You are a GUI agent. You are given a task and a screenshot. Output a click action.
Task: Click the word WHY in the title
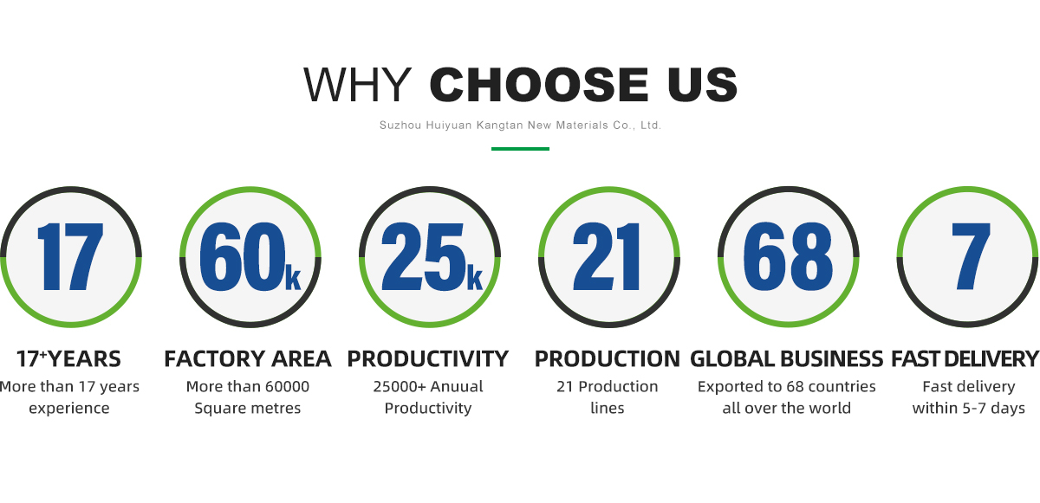click(x=357, y=84)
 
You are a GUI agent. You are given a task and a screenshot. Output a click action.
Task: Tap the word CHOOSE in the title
click(x=538, y=84)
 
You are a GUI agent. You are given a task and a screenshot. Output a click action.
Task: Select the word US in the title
click(x=703, y=84)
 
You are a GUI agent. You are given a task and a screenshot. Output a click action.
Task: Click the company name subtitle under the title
click(x=520, y=126)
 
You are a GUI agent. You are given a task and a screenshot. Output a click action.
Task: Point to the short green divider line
click(x=520, y=149)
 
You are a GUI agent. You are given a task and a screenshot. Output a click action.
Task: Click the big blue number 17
click(x=70, y=256)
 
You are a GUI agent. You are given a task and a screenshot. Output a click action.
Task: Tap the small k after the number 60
click(x=293, y=277)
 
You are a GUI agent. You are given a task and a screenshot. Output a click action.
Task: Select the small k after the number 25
click(x=475, y=277)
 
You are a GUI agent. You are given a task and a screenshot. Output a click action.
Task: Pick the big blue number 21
click(x=607, y=256)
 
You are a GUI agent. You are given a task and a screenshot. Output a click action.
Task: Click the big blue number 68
click(x=788, y=256)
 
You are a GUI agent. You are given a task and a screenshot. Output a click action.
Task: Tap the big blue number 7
click(x=971, y=256)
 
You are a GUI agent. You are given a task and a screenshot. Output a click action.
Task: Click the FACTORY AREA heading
click(x=248, y=358)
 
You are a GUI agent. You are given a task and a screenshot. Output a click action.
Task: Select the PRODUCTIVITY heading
click(x=427, y=358)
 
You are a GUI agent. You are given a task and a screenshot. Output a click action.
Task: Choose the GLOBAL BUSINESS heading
click(x=787, y=358)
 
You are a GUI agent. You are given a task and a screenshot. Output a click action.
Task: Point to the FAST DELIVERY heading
click(x=965, y=358)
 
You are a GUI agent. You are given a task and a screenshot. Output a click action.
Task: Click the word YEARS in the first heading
click(x=84, y=358)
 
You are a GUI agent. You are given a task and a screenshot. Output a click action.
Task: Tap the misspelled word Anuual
click(x=457, y=386)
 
